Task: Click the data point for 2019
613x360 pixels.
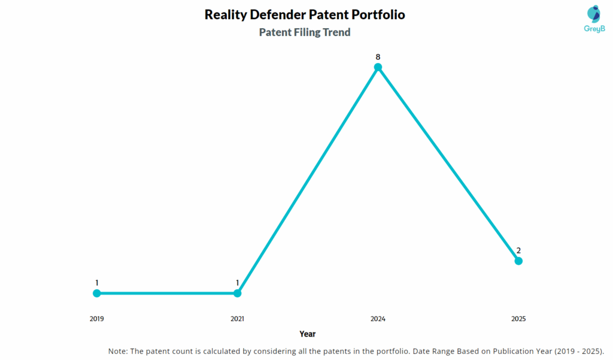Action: (97, 293)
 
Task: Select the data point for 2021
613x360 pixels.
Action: (238, 293)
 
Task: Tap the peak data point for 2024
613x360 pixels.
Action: (378, 67)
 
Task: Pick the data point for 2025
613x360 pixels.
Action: (518, 261)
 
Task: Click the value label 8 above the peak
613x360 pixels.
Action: (378, 57)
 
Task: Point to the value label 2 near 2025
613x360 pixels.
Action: (518, 250)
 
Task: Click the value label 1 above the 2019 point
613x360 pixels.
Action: (97, 283)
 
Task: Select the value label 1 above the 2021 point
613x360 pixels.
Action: (238, 283)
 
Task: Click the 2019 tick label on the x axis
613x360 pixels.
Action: (97, 319)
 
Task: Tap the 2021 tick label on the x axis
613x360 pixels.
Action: (238, 319)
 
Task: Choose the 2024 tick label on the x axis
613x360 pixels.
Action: (378, 319)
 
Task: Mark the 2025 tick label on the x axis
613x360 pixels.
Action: (518, 319)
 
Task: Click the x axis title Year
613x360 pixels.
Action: (308, 334)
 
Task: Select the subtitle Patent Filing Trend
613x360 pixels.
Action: (305, 32)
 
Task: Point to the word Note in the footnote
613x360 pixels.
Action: (117, 351)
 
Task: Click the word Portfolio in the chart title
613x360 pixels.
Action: (377, 14)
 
